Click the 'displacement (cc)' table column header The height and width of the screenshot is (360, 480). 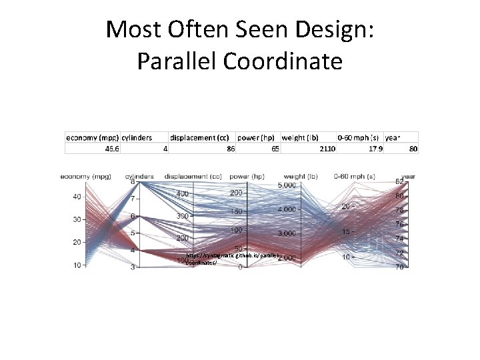(x=201, y=137)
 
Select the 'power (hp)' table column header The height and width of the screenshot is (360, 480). (x=257, y=137)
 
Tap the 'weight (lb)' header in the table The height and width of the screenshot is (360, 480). (x=303, y=137)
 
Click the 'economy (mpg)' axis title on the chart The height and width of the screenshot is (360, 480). (x=85, y=176)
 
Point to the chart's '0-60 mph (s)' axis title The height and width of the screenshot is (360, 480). (x=357, y=176)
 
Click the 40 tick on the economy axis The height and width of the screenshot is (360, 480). (x=77, y=196)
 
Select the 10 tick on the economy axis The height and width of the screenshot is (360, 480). (x=77, y=265)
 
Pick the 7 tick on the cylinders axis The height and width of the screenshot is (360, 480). (x=133, y=199)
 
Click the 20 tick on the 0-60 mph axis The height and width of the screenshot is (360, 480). (x=345, y=207)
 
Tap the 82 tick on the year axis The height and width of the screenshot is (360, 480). (x=399, y=181)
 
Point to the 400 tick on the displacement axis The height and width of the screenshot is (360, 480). (x=181, y=193)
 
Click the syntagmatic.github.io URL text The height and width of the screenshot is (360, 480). (x=233, y=256)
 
